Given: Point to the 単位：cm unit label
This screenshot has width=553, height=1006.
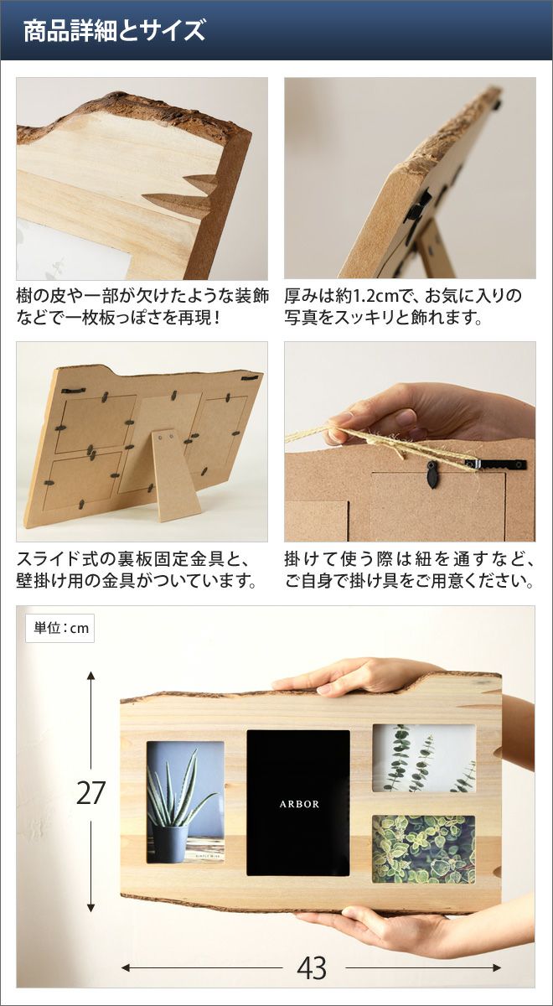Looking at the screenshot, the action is tap(59, 628).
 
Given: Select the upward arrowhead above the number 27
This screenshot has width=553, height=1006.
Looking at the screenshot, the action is tap(90, 676).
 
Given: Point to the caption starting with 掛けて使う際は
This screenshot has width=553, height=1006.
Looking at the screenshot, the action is tap(410, 571).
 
